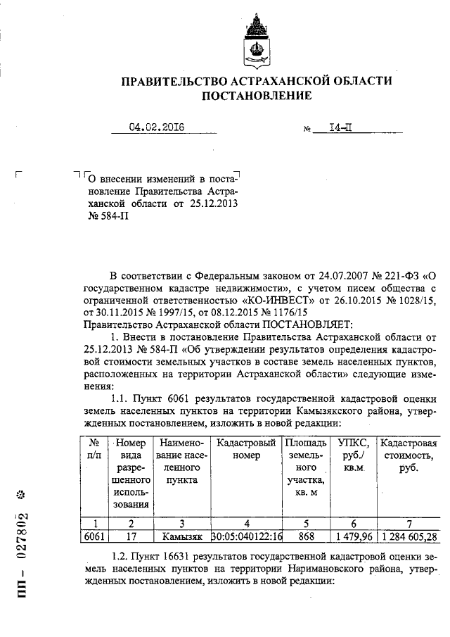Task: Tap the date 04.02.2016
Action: point(155,127)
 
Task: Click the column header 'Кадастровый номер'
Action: point(245,449)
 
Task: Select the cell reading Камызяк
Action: point(180,537)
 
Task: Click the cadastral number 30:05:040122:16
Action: point(245,537)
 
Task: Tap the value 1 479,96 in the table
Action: point(352,537)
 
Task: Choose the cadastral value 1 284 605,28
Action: point(409,537)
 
